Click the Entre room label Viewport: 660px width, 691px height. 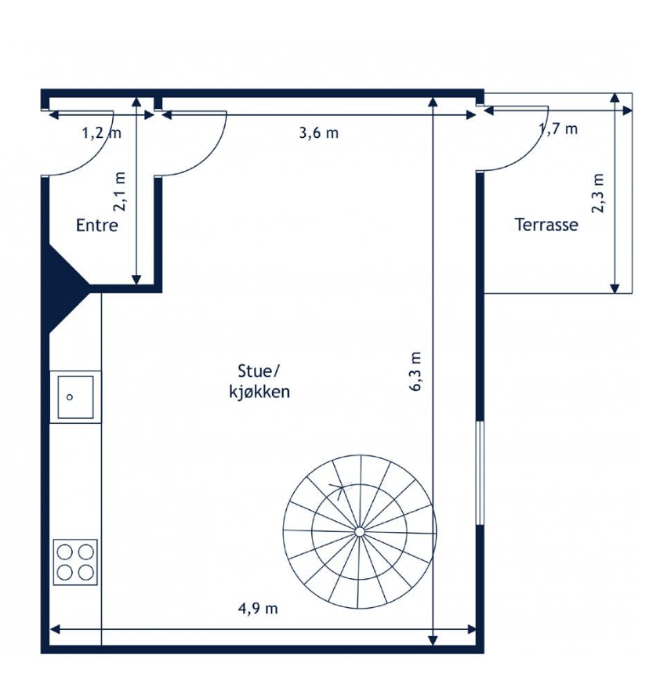pos(97,225)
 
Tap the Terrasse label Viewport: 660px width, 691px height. pos(546,225)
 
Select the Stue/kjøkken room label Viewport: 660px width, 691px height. pos(259,382)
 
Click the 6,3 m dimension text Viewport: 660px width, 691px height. pos(416,371)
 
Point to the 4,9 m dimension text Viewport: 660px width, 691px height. pos(258,609)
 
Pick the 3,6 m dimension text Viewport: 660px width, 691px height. pos(319,132)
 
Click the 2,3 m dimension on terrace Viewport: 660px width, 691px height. pos(597,193)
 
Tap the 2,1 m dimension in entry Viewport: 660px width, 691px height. pos(119,191)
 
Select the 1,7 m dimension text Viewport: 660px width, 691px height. pos(558,128)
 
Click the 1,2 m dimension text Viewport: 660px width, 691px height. pos(102,132)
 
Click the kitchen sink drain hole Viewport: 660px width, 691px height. pos(70,397)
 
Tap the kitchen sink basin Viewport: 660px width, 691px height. pos(76,397)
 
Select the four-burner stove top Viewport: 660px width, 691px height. pos(75,562)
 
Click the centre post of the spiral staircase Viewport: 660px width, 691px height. pos(359,532)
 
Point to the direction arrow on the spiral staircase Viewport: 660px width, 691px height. pos(339,489)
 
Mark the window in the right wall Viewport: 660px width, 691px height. pos(480,473)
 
